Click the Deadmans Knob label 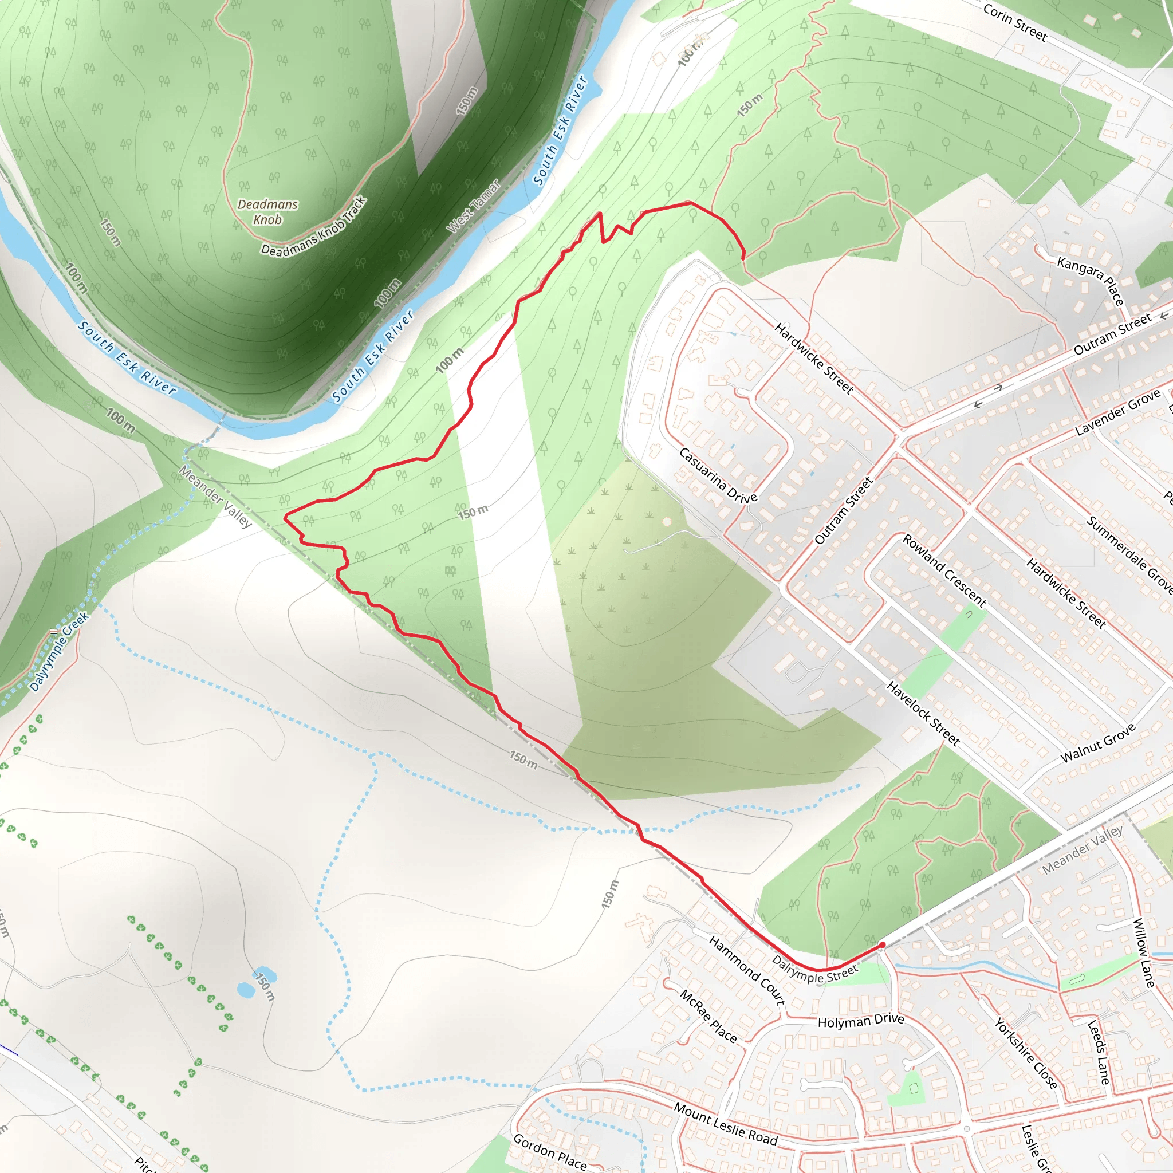coord(267,212)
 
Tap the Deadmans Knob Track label coord(314,226)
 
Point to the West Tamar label coord(474,206)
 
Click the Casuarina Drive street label coord(718,476)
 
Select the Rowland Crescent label coord(944,570)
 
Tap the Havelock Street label coord(923,714)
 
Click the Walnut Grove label coord(1098,743)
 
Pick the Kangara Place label coord(1091,281)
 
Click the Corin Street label coord(1014,22)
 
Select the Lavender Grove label coord(1118,412)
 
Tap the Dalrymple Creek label coord(59,651)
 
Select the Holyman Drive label coord(860,1021)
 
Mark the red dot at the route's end coord(882,944)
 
